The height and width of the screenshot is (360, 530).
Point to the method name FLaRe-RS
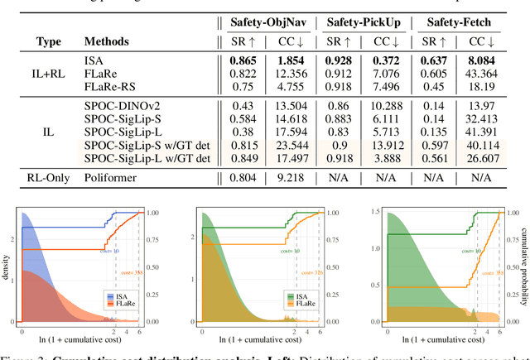tap(108, 87)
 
